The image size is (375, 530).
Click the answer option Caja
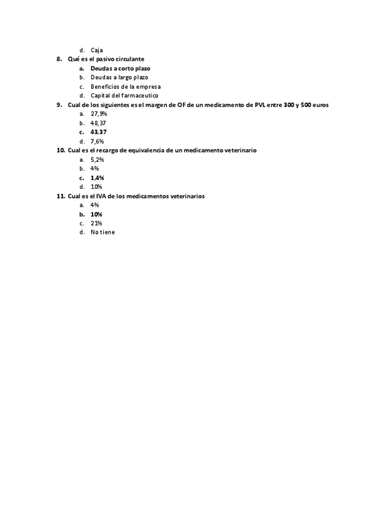coord(96,50)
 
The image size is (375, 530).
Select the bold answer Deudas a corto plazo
coord(120,68)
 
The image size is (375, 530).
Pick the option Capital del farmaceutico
coord(124,96)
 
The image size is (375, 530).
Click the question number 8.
coord(59,59)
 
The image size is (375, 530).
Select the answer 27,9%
coord(99,114)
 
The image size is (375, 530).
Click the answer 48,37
coord(98,123)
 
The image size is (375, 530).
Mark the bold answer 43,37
coord(98,132)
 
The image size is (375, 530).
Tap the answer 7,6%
coord(97,141)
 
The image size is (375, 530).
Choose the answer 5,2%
coord(97,159)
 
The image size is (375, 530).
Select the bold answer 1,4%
coord(97,177)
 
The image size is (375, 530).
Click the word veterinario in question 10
coord(241,151)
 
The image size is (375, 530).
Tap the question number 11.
coord(61,196)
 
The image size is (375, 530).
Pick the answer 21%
coord(96,223)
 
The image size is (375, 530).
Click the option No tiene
coord(102,232)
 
